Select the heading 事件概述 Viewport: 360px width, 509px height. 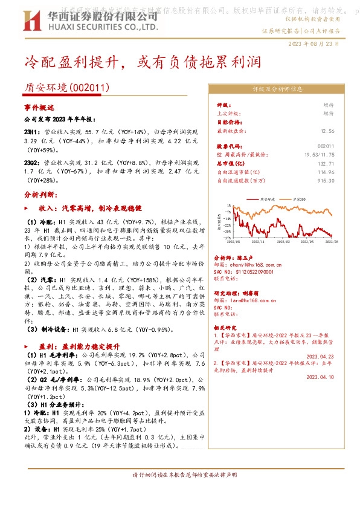pyautogui.click(x=39, y=106)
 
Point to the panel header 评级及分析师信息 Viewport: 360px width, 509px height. pyautogui.click(x=277, y=89)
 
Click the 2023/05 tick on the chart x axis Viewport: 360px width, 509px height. pyautogui.click(x=306, y=240)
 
